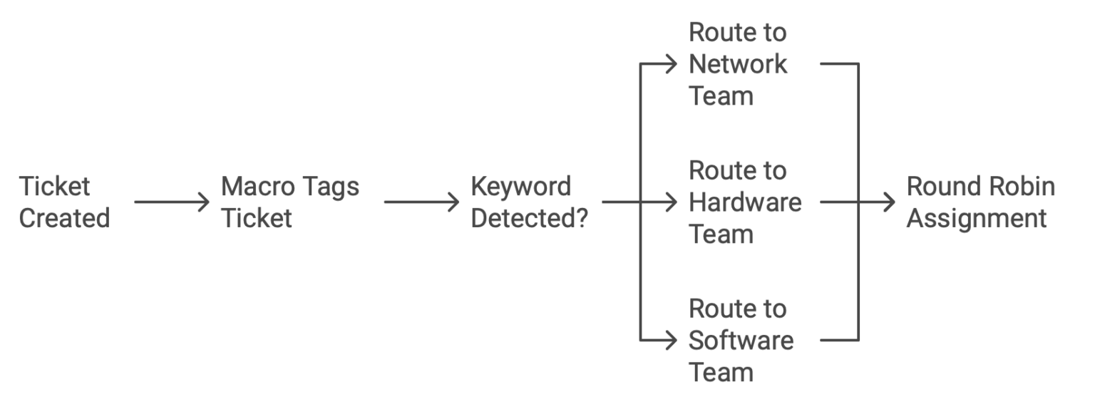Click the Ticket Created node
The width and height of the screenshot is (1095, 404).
64,202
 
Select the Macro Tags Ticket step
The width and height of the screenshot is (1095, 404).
290,202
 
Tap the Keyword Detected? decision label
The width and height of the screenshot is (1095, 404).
529,202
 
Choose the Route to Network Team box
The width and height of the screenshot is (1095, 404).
738,64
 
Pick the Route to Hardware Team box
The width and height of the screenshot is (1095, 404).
745,202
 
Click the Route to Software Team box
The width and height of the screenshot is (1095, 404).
741,341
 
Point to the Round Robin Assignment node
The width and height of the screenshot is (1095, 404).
980,202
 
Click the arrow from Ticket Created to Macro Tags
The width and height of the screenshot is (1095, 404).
172,202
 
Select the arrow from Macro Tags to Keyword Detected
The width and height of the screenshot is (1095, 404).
422,202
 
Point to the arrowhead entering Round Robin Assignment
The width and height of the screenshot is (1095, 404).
889,202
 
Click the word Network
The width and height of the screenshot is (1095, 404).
738,64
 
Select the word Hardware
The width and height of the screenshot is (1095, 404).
745,202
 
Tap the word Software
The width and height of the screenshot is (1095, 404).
741,341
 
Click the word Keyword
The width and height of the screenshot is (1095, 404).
521,187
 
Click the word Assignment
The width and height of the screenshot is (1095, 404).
976,218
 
